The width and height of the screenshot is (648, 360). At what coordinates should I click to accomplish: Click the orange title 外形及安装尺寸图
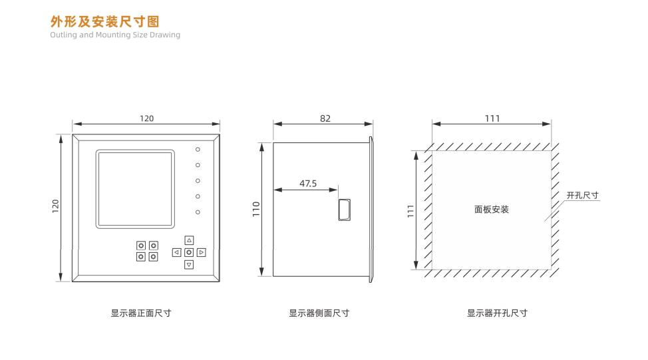tap(105, 23)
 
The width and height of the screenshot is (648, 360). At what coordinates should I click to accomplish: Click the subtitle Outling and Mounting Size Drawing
tap(115, 35)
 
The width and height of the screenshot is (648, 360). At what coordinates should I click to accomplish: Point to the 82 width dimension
tap(325, 118)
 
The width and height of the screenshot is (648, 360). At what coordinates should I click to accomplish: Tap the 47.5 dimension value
tap(307, 183)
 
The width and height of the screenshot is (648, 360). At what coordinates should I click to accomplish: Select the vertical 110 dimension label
tap(256, 208)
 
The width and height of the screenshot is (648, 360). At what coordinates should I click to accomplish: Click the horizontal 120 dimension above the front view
tap(146, 118)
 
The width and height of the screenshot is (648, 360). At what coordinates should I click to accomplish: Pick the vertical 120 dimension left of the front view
tap(55, 207)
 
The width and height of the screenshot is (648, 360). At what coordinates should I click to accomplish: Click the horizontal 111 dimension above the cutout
tap(492, 118)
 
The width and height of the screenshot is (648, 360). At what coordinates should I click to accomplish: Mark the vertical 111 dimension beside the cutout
tap(410, 210)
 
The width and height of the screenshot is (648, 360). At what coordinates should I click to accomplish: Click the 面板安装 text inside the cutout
tap(492, 209)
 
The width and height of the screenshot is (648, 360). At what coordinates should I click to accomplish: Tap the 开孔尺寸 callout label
tap(582, 196)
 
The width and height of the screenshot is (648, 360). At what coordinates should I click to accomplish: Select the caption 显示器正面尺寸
tap(141, 313)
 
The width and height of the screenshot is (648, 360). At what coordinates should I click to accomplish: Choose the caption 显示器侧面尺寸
tap(319, 313)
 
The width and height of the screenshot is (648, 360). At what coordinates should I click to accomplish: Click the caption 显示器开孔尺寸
tap(497, 313)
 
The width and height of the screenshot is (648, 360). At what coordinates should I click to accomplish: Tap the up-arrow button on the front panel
tap(189, 240)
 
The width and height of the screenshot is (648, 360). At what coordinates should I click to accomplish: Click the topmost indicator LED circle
tap(198, 150)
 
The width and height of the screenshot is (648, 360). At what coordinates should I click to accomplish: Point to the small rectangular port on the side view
tap(344, 209)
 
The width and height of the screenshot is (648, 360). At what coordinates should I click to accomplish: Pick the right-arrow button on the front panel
tap(202, 252)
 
